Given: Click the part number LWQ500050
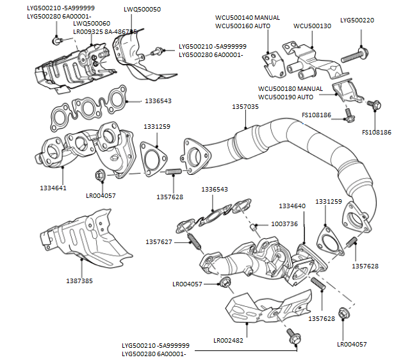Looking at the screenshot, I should click(x=142, y=10).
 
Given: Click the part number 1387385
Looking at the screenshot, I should click(x=79, y=281).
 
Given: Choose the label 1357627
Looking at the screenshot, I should click(x=158, y=241).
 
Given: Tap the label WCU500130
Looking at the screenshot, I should click(x=312, y=26).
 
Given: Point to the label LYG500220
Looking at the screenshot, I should click(x=357, y=20).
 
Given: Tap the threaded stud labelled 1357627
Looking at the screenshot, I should click(x=192, y=242).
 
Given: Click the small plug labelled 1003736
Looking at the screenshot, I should click(x=254, y=226).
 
